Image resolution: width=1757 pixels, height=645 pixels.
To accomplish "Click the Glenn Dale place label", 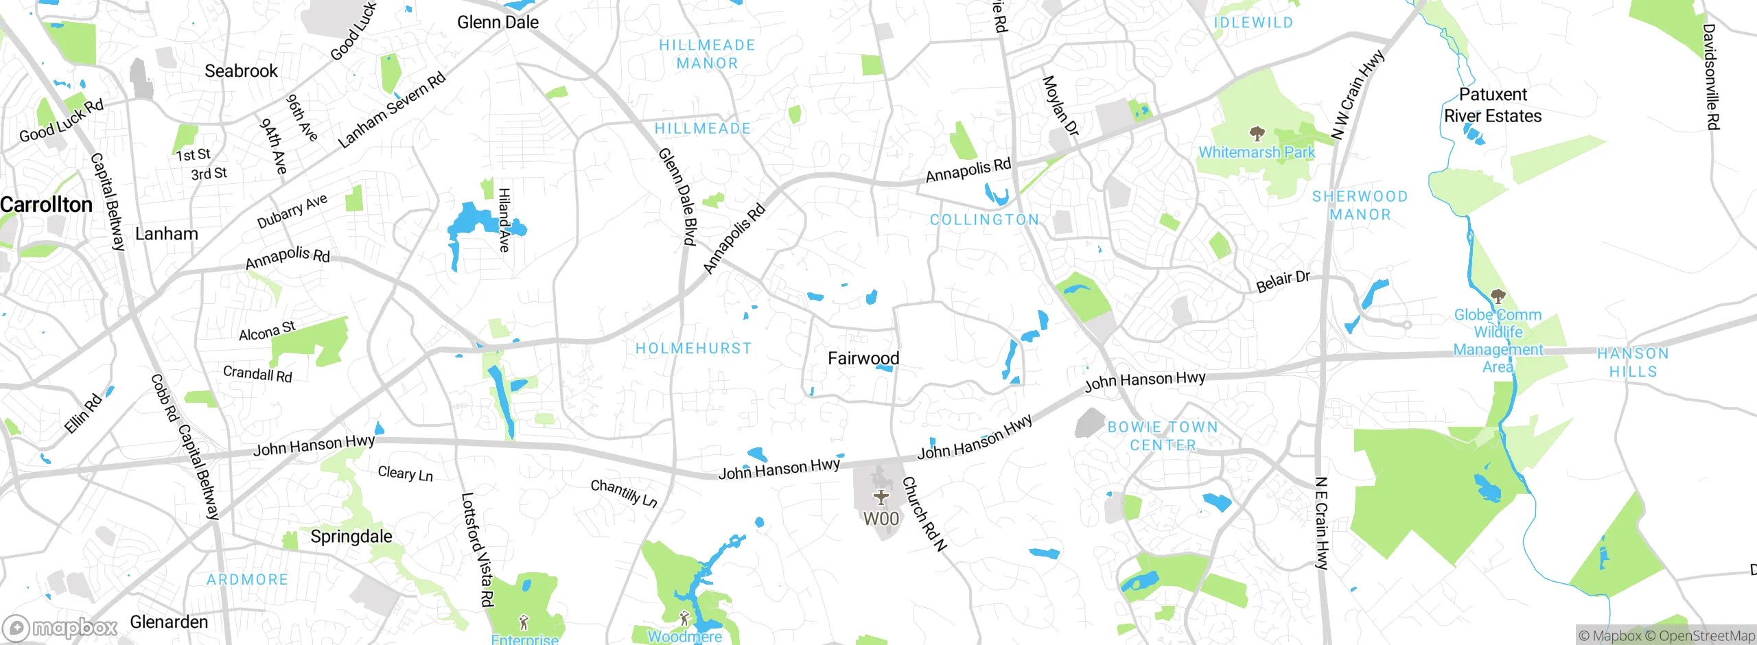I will click(x=498, y=23).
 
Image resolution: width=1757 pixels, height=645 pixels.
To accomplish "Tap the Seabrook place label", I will click(x=241, y=71).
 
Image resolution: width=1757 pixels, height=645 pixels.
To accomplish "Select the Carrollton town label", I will click(x=46, y=204).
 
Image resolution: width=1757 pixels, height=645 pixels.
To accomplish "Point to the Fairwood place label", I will click(x=863, y=358).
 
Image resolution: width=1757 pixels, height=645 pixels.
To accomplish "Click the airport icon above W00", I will click(x=881, y=496).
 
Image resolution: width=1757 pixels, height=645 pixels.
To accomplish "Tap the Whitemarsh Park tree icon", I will click(x=1257, y=133).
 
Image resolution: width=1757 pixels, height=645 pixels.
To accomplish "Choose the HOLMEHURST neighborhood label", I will click(x=693, y=349).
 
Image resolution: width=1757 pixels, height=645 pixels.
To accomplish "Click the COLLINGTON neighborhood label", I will click(x=984, y=220).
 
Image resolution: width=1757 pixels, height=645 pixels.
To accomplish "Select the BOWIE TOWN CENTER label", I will click(x=1163, y=436).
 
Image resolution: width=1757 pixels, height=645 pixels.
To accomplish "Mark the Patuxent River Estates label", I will click(x=1493, y=105).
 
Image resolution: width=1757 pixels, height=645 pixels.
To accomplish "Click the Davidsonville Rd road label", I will click(x=1711, y=77).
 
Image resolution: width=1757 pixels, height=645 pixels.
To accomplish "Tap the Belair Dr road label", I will click(x=1283, y=281).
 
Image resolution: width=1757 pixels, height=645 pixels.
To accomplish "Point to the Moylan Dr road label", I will click(x=1060, y=106).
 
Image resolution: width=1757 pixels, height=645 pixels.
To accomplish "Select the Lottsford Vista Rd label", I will click(x=477, y=549).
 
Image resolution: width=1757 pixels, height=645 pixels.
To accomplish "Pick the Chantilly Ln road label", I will click(x=624, y=493).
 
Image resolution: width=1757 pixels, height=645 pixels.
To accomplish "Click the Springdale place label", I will click(x=351, y=537).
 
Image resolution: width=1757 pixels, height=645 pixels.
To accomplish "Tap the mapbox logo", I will click(x=60, y=628).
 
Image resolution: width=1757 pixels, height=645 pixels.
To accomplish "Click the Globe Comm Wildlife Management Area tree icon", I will click(x=1498, y=297).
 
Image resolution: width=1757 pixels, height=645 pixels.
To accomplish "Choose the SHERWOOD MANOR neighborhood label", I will click(x=1360, y=205).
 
